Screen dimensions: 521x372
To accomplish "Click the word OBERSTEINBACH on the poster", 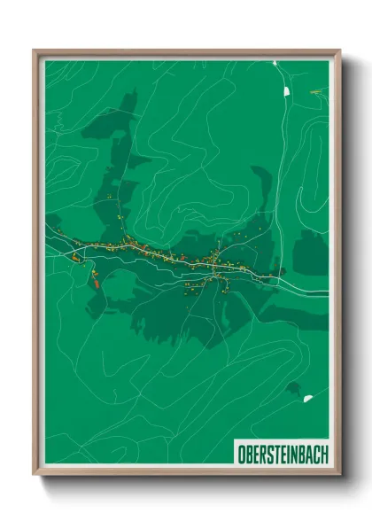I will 283,452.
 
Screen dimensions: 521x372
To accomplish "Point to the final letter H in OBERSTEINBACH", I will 323,452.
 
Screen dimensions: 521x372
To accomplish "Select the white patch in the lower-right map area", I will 307,399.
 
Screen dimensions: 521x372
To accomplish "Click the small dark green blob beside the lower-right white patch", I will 293,387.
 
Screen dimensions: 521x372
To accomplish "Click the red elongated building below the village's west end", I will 95,283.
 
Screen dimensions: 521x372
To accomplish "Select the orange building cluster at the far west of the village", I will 76,257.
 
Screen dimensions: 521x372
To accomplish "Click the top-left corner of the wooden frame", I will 35,51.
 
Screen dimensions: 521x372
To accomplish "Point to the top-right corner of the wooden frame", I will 339,51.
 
